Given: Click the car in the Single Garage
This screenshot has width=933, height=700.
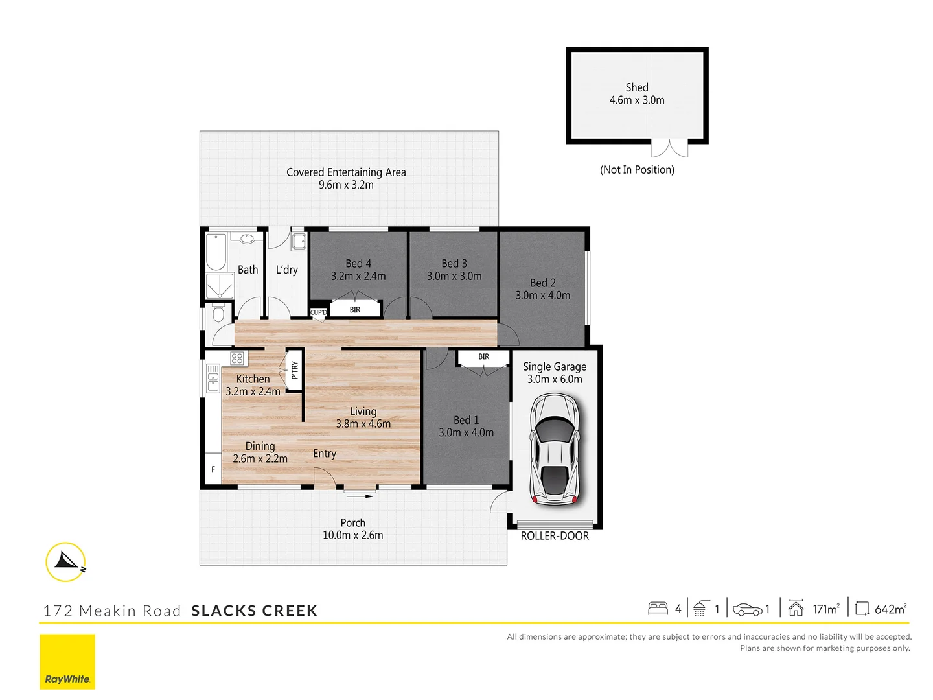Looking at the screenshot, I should point(555,449).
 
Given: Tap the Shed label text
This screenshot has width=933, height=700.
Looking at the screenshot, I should point(636,87).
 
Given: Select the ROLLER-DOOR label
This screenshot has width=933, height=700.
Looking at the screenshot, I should point(555,536).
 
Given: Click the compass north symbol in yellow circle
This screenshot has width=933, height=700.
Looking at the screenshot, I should point(66,561).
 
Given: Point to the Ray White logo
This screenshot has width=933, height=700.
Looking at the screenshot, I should point(67,661).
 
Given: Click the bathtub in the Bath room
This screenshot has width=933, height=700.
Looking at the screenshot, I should point(216,252).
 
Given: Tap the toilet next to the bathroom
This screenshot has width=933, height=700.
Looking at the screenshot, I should point(218,314).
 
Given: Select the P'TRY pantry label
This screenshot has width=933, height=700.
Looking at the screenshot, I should point(295,370).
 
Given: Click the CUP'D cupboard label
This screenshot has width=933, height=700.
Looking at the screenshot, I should point(319,312).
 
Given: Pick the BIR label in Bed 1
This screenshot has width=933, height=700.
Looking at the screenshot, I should point(483,356).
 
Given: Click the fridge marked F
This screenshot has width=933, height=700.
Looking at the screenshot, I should point(213,469).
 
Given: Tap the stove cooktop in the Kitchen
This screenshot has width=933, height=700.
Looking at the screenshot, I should point(237,358).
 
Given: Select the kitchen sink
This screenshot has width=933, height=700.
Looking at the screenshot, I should point(213,378).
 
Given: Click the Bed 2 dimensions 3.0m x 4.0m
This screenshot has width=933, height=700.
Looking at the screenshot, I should point(542,296).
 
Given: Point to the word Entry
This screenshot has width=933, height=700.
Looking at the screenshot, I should point(325,454).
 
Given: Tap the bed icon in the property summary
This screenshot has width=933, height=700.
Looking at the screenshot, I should point(658,609).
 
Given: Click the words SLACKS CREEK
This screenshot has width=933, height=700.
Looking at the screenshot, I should point(254,611).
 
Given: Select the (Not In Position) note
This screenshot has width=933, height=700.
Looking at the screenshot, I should point(636,170).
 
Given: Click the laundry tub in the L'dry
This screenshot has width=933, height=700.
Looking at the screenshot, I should point(299,242).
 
